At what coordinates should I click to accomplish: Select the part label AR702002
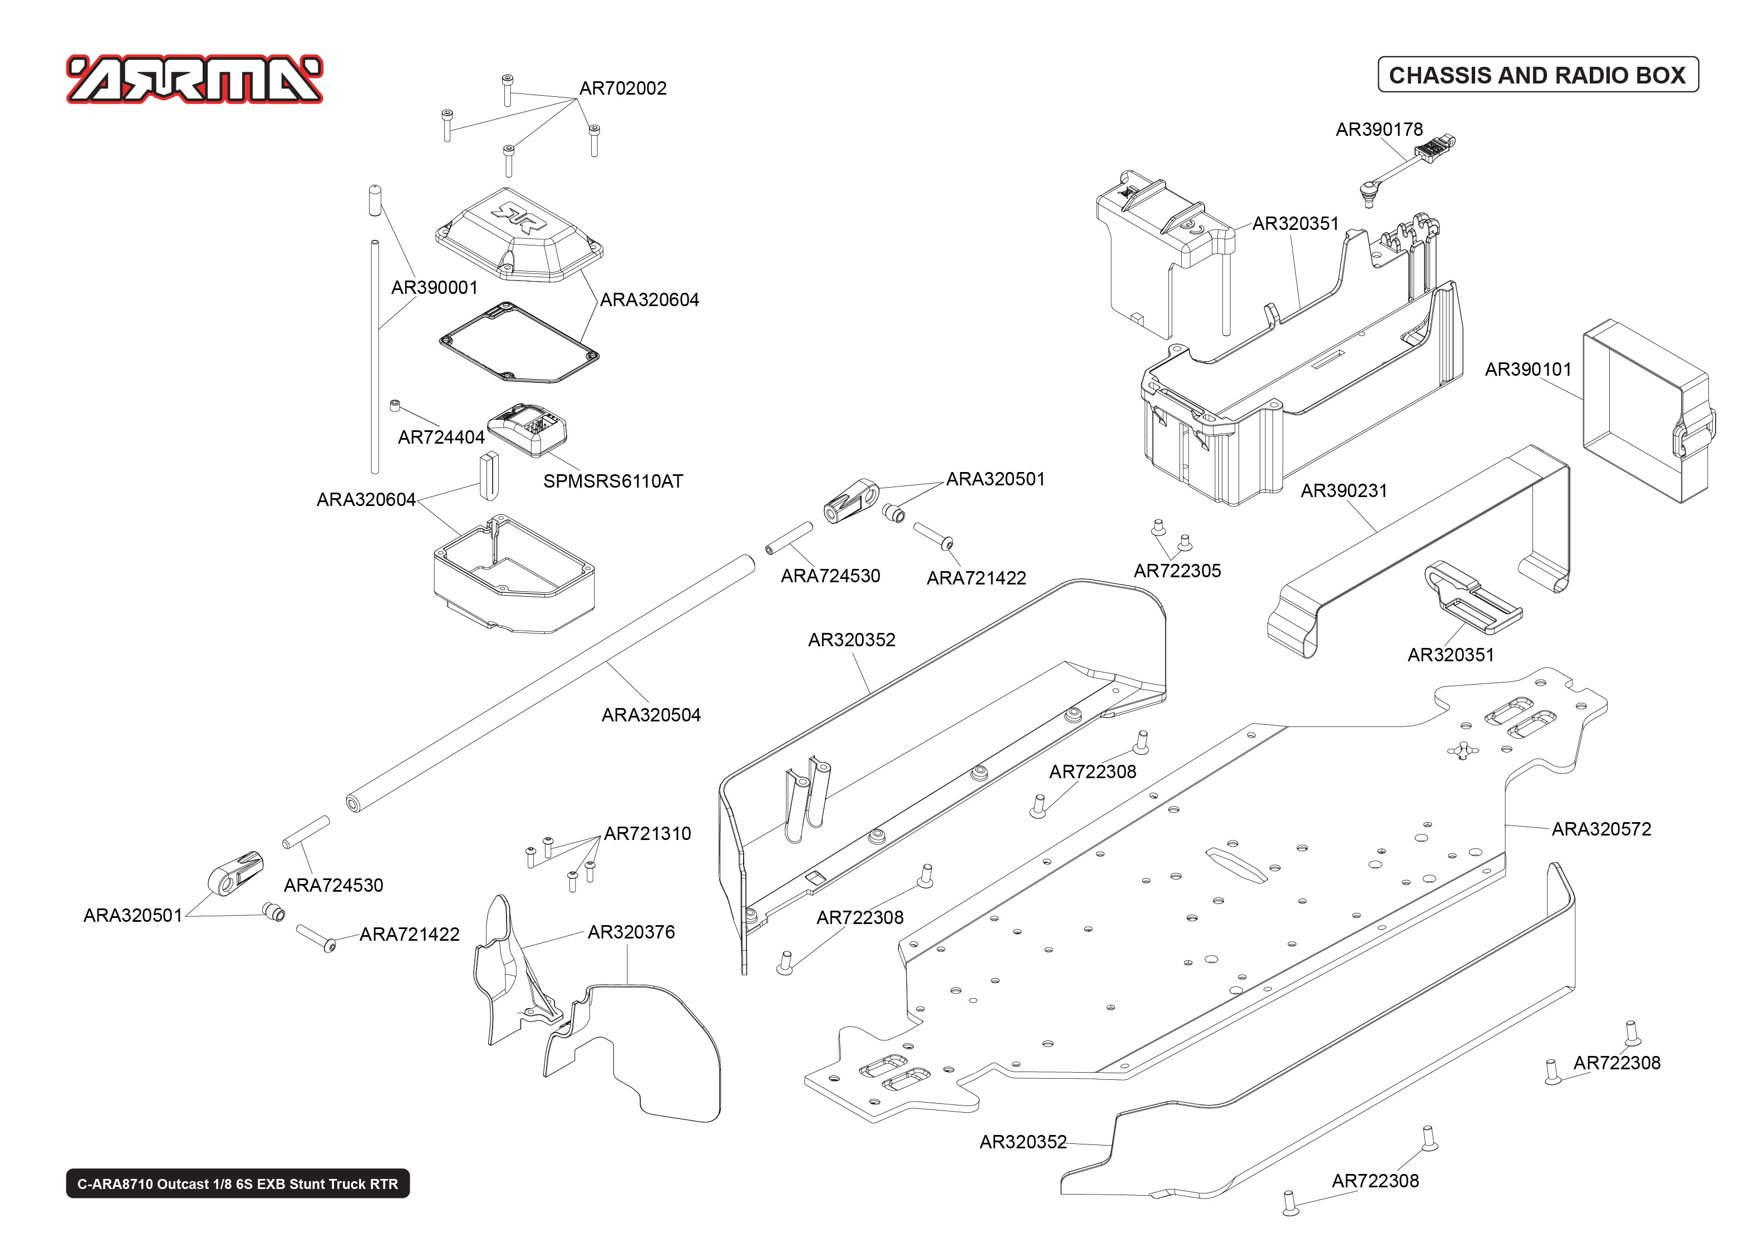click(x=622, y=88)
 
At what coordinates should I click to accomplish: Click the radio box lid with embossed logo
click(x=518, y=235)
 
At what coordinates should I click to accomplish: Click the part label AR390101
click(x=1527, y=370)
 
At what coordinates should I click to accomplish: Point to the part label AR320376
click(x=630, y=932)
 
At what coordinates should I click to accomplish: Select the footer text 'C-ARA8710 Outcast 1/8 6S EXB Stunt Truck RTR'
click(x=238, y=1183)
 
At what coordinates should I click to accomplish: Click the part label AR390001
click(x=434, y=288)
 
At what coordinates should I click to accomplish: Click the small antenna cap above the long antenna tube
click(x=375, y=200)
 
